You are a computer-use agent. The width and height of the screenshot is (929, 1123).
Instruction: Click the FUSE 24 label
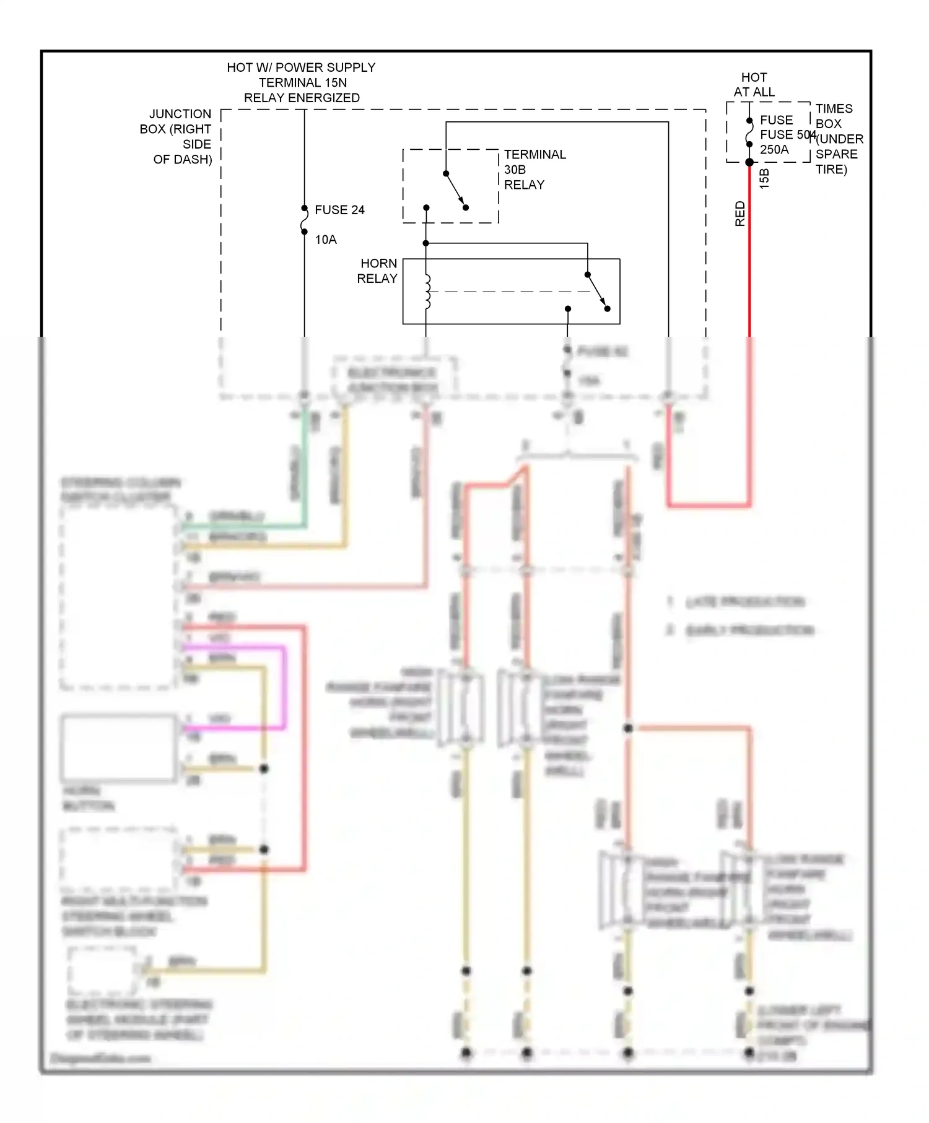339,210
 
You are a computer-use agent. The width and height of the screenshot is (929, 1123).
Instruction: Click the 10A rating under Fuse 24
326,240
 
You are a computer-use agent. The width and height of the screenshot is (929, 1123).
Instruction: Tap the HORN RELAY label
377,271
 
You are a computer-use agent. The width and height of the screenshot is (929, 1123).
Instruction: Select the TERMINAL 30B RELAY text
534,170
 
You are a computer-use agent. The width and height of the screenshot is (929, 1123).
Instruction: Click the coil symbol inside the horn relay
427,292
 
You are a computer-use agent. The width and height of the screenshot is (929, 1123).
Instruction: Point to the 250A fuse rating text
774,149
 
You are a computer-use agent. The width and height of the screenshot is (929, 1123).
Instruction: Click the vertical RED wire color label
739,214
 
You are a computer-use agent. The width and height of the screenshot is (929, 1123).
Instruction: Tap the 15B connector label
764,178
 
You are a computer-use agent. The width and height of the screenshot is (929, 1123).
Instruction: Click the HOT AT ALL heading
754,85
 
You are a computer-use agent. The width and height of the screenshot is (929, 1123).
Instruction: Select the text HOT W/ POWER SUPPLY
301,67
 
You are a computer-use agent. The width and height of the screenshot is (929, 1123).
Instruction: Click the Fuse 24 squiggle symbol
304,220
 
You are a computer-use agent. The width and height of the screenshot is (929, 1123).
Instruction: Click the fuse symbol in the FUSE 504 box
749,132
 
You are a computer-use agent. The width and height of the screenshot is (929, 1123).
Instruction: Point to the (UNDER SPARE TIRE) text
839,154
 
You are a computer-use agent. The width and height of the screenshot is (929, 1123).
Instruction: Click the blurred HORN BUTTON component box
118,748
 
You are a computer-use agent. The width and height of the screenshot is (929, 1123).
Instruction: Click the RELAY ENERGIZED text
302,98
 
